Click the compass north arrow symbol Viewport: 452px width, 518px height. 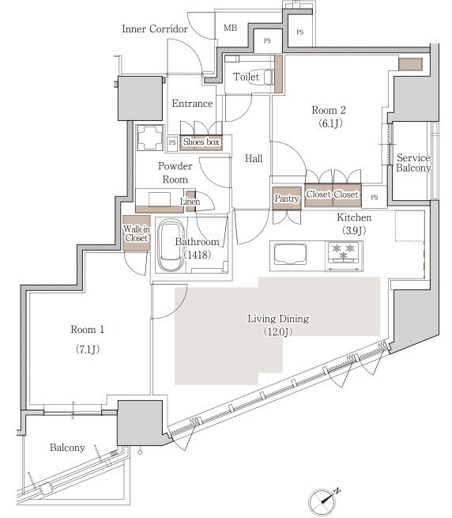(x=323, y=501)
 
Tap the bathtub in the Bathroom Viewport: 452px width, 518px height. (x=171, y=246)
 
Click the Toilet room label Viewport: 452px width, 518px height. (x=246, y=77)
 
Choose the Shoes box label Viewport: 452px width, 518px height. (x=201, y=142)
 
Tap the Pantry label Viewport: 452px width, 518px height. (x=287, y=199)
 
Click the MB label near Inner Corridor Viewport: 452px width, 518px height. (x=230, y=28)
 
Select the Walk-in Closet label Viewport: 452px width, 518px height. (x=137, y=233)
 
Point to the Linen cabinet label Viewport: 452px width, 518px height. (x=190, y=201)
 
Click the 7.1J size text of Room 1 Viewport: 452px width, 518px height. (x=88, y=350)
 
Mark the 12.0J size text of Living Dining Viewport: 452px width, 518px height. (x=278, y=331)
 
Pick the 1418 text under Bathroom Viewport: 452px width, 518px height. (x=197, y=255)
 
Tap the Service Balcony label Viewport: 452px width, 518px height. (x=413, y=163)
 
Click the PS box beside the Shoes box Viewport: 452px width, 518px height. (x=172, y=143)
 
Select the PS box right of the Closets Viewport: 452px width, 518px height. (x=374, y=197)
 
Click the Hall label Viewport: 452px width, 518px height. (x=254, y=159)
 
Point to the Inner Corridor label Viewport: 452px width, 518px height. (x=155, y=29)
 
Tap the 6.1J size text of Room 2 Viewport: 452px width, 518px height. (x=330, y=123)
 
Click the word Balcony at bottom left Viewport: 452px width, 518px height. (x=67, y=448)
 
